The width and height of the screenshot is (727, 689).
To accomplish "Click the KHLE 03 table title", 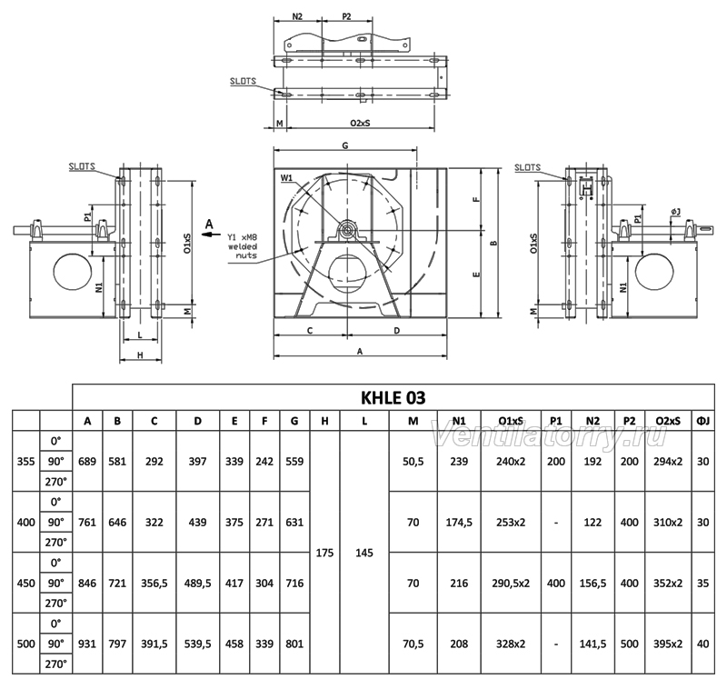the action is point(393,397).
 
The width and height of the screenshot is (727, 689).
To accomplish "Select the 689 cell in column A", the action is point(87,462).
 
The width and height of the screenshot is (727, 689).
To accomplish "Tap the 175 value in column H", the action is point(324,553).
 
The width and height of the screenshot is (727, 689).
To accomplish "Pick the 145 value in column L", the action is point(364,553).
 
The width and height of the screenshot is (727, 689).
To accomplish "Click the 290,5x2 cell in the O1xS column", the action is point(511,584).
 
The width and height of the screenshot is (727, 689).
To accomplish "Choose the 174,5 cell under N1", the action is point(459,523).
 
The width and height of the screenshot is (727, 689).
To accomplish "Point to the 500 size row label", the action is point(26,644).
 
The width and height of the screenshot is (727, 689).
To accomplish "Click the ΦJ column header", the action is point(702,421).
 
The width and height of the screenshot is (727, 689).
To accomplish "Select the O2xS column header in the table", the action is point(668,421).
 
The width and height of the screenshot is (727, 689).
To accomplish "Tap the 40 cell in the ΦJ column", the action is point(702,644).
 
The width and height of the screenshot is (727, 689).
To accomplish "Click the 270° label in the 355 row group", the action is point(56,482).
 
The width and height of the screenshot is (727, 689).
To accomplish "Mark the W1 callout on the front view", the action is point(286,177).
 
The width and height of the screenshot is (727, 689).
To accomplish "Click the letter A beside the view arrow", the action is point(210,225).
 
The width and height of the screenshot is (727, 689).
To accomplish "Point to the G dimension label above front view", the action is point(345,145).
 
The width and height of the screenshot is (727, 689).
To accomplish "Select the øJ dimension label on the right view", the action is point(675,212).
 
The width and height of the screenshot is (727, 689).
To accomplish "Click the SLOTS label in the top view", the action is point(243,81).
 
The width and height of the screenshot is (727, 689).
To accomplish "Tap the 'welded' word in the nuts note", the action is point(243,246).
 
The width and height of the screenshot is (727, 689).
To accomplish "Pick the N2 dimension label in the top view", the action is point(297,16).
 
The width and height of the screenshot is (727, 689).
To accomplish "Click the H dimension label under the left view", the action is point(140,355).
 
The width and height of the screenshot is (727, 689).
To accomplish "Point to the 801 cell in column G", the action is point(294,644).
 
